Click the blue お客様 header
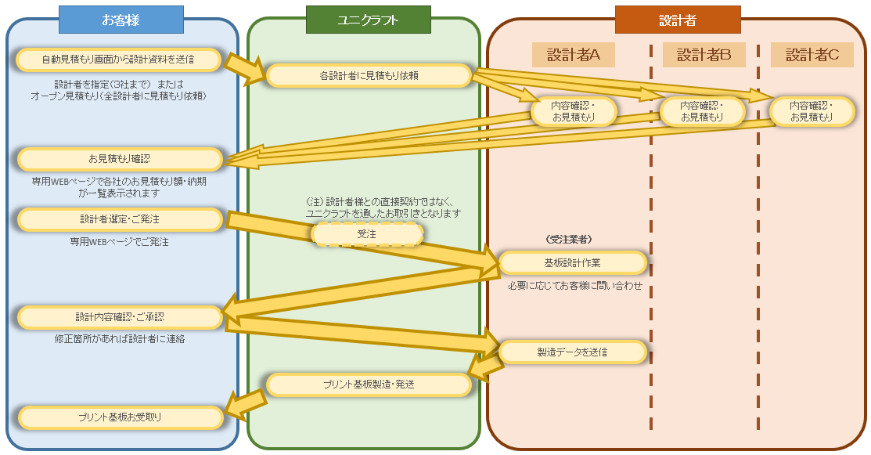click(x=121, y=20)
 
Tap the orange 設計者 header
click(x=677, y=20)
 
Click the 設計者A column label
click(x=573, y=55)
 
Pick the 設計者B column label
click(x=704, y=55)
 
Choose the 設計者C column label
click(x=812, y=55)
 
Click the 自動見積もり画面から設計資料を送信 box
click(x=119, y=59)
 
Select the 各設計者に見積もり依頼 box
click(x=369, y=76)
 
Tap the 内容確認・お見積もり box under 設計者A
click(x=574, y=111)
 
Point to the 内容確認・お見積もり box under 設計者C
click(x=812, y=111)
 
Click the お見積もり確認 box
click(x=119, y=159)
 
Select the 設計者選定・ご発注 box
click(x=119, y=219)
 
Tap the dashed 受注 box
click(x=367, y=233)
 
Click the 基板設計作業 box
click(x=572, y=262)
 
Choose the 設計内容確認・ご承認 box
click(x=119, y=317)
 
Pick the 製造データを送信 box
click(x=572, y=352)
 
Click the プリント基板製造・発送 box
click(x=369, y=385)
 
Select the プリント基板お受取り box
click(x=119, y=417)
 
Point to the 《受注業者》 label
click(x=568, y=239)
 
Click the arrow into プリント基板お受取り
click(x=245, y=403)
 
